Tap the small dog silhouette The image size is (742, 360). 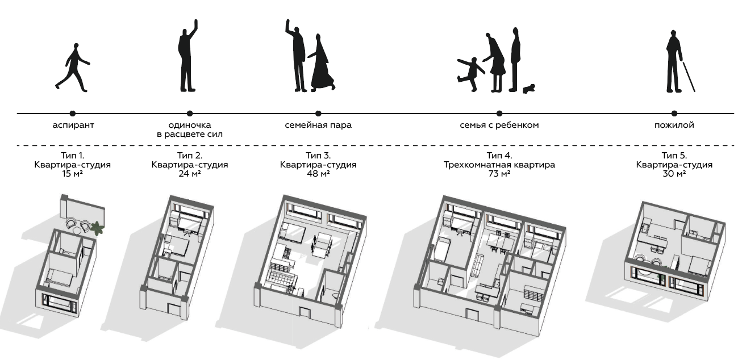coord(529,89)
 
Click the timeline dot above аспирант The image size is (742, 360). coord(73,114)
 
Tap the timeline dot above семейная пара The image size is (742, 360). coord(318,114)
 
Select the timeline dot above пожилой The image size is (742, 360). coord(674,114)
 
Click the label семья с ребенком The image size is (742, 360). coord(499,125)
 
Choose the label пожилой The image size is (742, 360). coord(674,125)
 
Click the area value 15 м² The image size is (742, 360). coord(73,174)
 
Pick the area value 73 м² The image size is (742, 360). coord(499,174)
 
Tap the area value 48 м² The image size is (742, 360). coord(318,174)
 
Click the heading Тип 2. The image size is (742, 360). coord(190,156)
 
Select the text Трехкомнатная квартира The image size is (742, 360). coord(499,165)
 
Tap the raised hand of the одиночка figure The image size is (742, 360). coord(196,24)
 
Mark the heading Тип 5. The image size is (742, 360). coord(674,156)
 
